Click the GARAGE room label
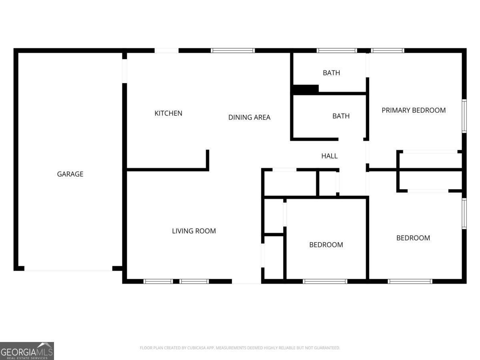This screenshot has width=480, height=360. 70,174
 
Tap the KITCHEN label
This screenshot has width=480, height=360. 168,113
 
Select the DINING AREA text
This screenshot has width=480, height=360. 249,117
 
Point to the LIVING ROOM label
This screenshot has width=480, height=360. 194,231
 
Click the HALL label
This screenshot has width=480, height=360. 329,156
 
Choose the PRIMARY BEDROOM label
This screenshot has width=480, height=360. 414,110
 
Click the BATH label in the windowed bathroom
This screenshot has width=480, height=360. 331,73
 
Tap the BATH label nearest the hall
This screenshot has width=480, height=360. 341,116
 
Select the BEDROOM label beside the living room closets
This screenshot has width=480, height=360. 326,244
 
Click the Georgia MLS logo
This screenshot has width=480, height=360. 27,351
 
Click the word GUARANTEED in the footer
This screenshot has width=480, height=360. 326,348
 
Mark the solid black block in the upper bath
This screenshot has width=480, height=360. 306,89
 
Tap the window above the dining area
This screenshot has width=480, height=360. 233,51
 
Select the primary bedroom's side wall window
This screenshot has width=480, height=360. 464,116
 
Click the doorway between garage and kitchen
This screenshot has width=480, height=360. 124,71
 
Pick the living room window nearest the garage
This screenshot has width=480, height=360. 158,281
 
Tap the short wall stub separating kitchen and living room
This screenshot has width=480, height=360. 208,160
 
